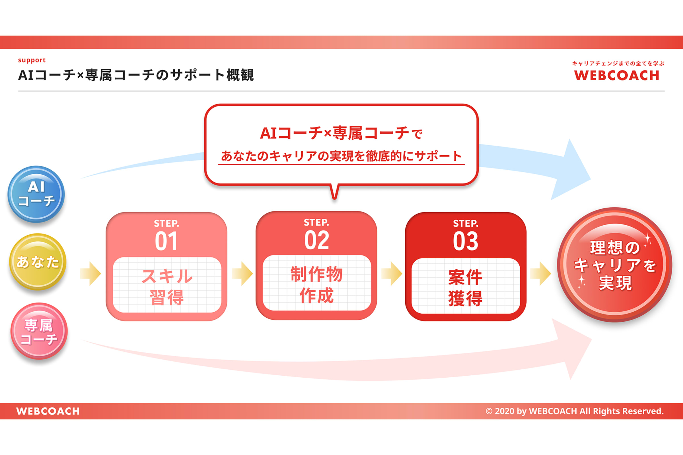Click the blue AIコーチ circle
click(x=36, y=194)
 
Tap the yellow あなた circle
click(x=38, y=261)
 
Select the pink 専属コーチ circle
click(x=39, y=331)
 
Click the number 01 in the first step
click(x=166, y=241)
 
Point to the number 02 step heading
click(x=316, y=240)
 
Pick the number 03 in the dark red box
click(x=466, y=241)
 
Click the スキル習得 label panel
click(x=167, y=285)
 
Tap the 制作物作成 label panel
click(x=317, y=283)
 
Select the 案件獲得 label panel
click(x=466, y=286)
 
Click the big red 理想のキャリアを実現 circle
click(x=614, y=265)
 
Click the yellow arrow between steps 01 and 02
click(x=242, y=274)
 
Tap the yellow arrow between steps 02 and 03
click(x=392, y=274)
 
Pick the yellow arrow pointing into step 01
click(x=90, y=274)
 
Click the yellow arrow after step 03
click(x=541, y=274)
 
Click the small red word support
click(x=32, y=60)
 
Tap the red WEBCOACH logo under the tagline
click(x=617, y=75)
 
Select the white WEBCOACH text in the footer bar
click(x=48, y=411)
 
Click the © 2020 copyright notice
click(x=575, y=411)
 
